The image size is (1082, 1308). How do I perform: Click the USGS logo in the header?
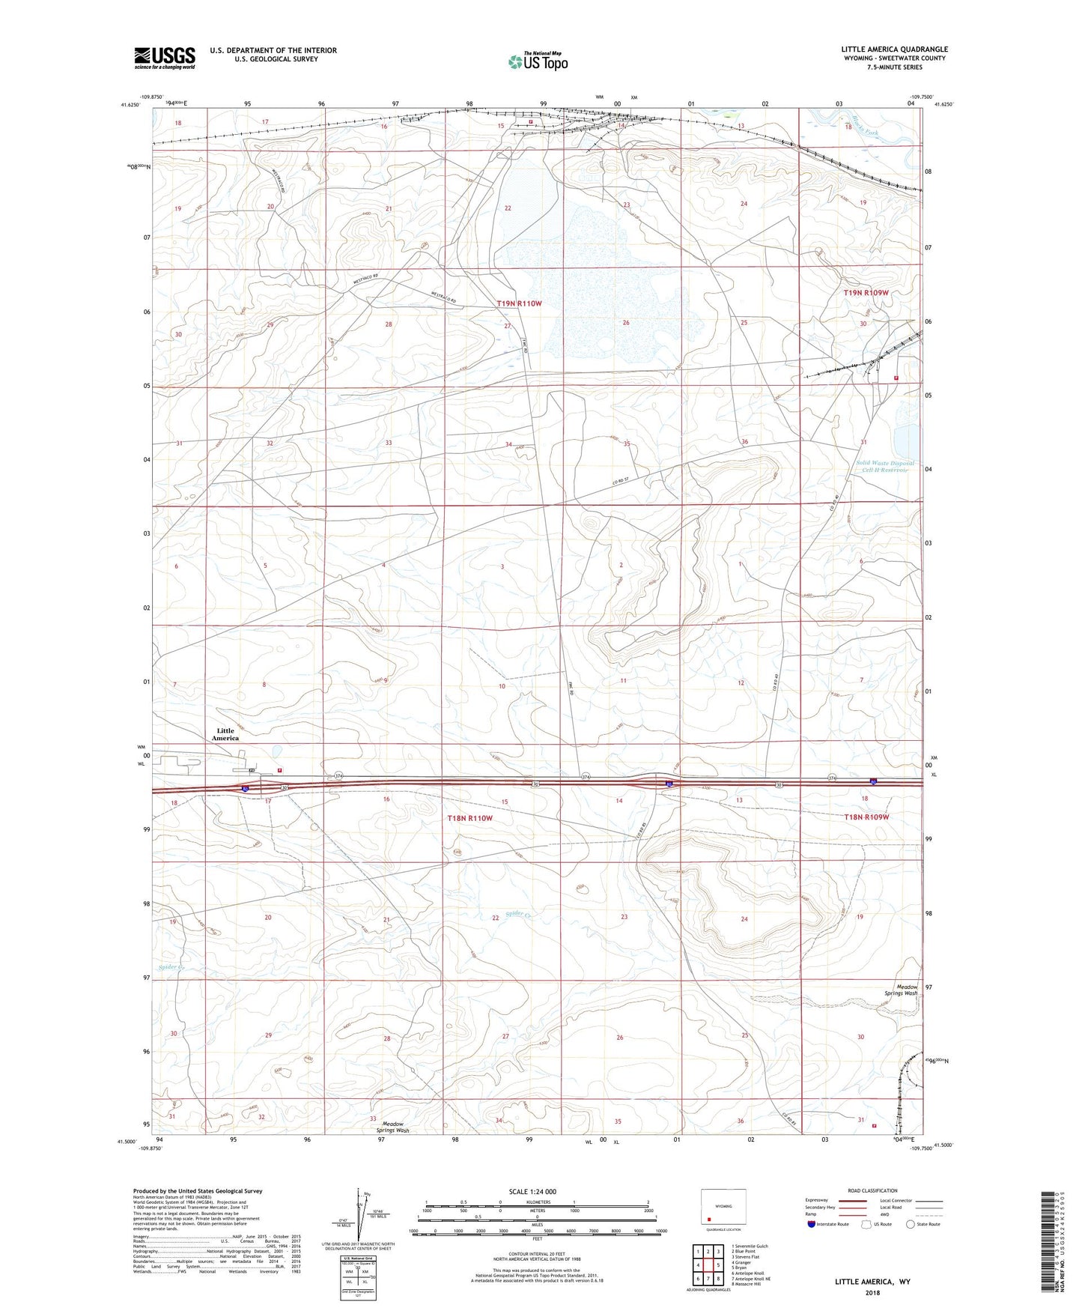click(165, 57)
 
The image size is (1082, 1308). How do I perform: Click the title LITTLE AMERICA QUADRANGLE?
click(894, 49)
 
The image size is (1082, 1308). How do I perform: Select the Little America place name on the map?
click(225, 734)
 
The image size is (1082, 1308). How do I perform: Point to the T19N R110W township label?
click(519, 303)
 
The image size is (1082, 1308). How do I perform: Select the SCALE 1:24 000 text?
click(532, 1192)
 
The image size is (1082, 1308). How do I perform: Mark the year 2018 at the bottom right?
click(872, 1292)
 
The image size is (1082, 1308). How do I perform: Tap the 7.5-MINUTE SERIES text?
click(895, 67)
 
